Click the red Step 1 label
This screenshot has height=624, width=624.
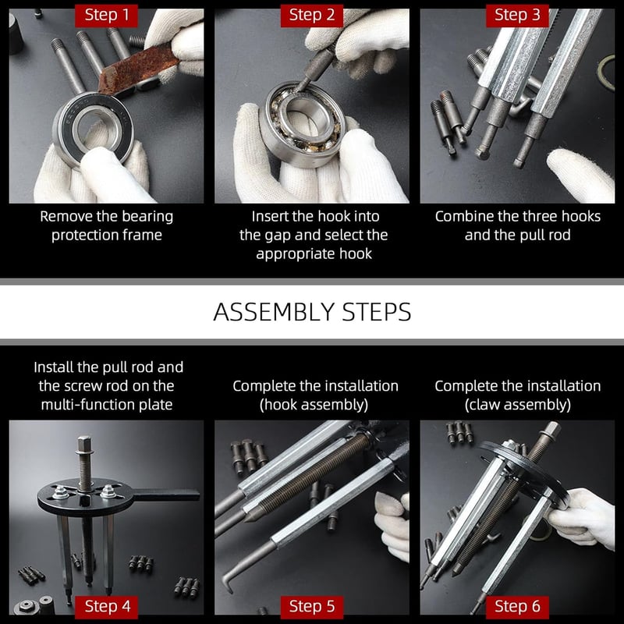click(106, 16)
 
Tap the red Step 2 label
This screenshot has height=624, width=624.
click(311, 16)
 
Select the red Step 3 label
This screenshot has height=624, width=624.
click(517, 16)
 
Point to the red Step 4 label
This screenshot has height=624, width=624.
click(106, 607)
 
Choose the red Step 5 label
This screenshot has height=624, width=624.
click(311, 607)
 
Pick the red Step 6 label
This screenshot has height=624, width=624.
click(517, 607)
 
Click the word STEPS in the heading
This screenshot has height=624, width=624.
click(377, 312)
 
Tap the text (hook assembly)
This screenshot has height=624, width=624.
click(314, 405)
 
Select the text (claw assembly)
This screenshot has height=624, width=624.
click(518, 405)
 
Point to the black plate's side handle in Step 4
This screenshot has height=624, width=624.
click(165, 495)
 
